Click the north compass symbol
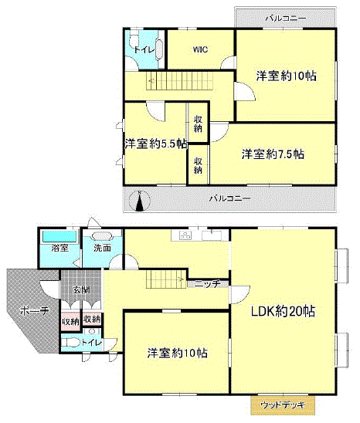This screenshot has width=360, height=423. point(139,201)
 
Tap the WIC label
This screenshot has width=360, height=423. point(200,49)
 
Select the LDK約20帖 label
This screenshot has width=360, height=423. point(283,312)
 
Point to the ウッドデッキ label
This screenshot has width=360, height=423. point(283,405)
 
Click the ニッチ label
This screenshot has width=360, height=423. point(207,284)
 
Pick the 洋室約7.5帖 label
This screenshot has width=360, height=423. point(273,154)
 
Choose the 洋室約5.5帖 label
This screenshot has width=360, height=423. point(156,144)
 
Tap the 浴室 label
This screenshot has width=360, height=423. point(60,248)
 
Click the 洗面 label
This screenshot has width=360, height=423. point(102,248)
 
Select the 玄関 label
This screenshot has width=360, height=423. point(81,290)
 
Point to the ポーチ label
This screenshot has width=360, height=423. point(35,311)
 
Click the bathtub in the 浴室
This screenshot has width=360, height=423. point(59,237)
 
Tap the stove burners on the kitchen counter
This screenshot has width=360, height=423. point(185,235)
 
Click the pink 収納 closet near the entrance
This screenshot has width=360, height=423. point(70,321)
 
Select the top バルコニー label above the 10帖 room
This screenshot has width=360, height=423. point(286,19)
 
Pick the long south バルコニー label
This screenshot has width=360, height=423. point(230,198)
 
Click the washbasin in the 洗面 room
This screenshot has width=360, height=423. point(102,236)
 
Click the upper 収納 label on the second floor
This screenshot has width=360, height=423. point(198,124)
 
